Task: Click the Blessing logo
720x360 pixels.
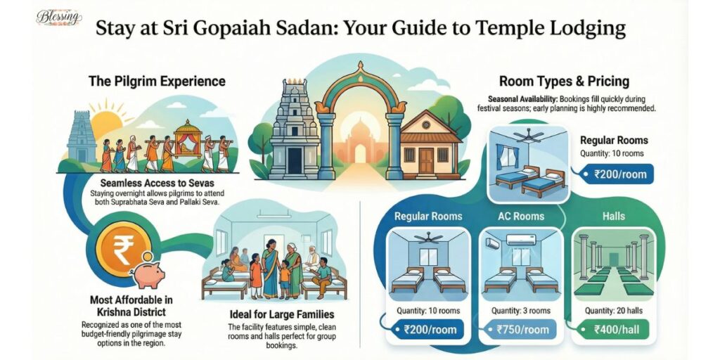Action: click(59, 18)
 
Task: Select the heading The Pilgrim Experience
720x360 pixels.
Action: click(157, 81)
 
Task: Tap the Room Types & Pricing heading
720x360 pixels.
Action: click(564, 81)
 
